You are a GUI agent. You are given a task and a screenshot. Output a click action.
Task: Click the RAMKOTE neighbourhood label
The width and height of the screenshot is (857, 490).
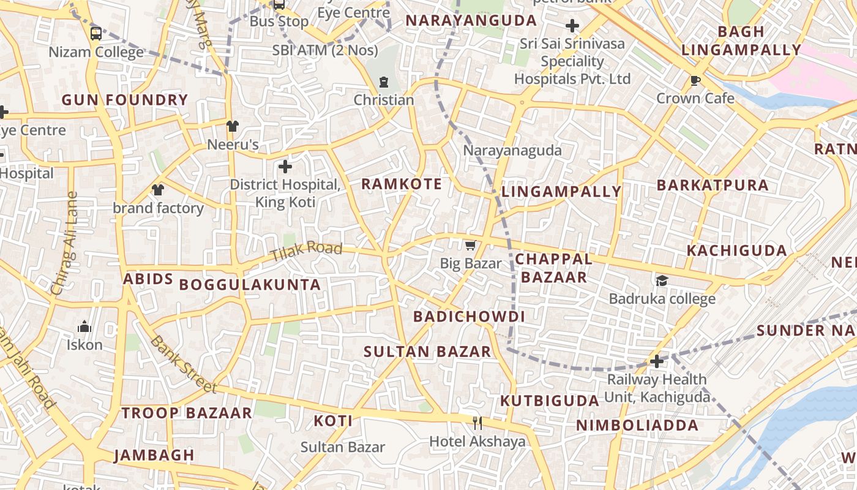(401, 184)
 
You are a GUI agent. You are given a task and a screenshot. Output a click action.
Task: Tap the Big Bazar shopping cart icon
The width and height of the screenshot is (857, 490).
(470, 246)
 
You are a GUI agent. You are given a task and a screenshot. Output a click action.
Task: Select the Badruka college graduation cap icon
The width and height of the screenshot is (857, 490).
(662, 281)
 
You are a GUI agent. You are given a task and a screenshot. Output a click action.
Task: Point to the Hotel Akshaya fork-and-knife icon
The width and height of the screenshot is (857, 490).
(477, 423)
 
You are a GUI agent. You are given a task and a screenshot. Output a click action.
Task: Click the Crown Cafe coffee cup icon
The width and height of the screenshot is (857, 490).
(695, 80)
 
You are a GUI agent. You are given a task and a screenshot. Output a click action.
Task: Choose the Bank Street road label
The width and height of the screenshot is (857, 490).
(183, 364)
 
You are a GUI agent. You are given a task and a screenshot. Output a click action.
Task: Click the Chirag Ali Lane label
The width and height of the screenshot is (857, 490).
(64, 243)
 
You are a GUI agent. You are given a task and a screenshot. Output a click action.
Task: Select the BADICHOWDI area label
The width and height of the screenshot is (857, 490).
(469, 317)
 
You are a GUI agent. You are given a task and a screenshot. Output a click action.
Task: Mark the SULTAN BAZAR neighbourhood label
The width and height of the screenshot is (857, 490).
(427, 352)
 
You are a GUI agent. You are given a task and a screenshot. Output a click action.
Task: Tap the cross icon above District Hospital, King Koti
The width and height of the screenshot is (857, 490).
(285, 166)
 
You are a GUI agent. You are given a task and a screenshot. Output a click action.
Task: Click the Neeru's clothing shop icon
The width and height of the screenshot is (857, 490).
(232, 126)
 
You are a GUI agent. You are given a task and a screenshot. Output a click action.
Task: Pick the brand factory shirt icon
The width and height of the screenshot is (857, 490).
(158, 190)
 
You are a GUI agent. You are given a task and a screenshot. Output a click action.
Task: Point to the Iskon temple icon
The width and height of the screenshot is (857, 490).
(84, 326)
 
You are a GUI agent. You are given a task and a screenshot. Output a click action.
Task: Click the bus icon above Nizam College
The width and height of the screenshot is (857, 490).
(96, 33)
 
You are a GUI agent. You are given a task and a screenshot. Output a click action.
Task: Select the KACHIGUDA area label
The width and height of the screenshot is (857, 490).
(736, 251)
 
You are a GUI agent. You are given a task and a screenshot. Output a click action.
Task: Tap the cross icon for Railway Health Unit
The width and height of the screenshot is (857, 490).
(657, 361)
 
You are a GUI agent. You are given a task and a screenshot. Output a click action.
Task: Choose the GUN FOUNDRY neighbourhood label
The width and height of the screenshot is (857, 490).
(124, 100)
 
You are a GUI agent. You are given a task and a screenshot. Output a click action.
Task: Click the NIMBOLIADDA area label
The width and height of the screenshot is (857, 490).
(637, 425)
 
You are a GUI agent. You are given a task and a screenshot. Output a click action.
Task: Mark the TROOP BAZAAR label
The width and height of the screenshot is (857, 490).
(187, 413)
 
